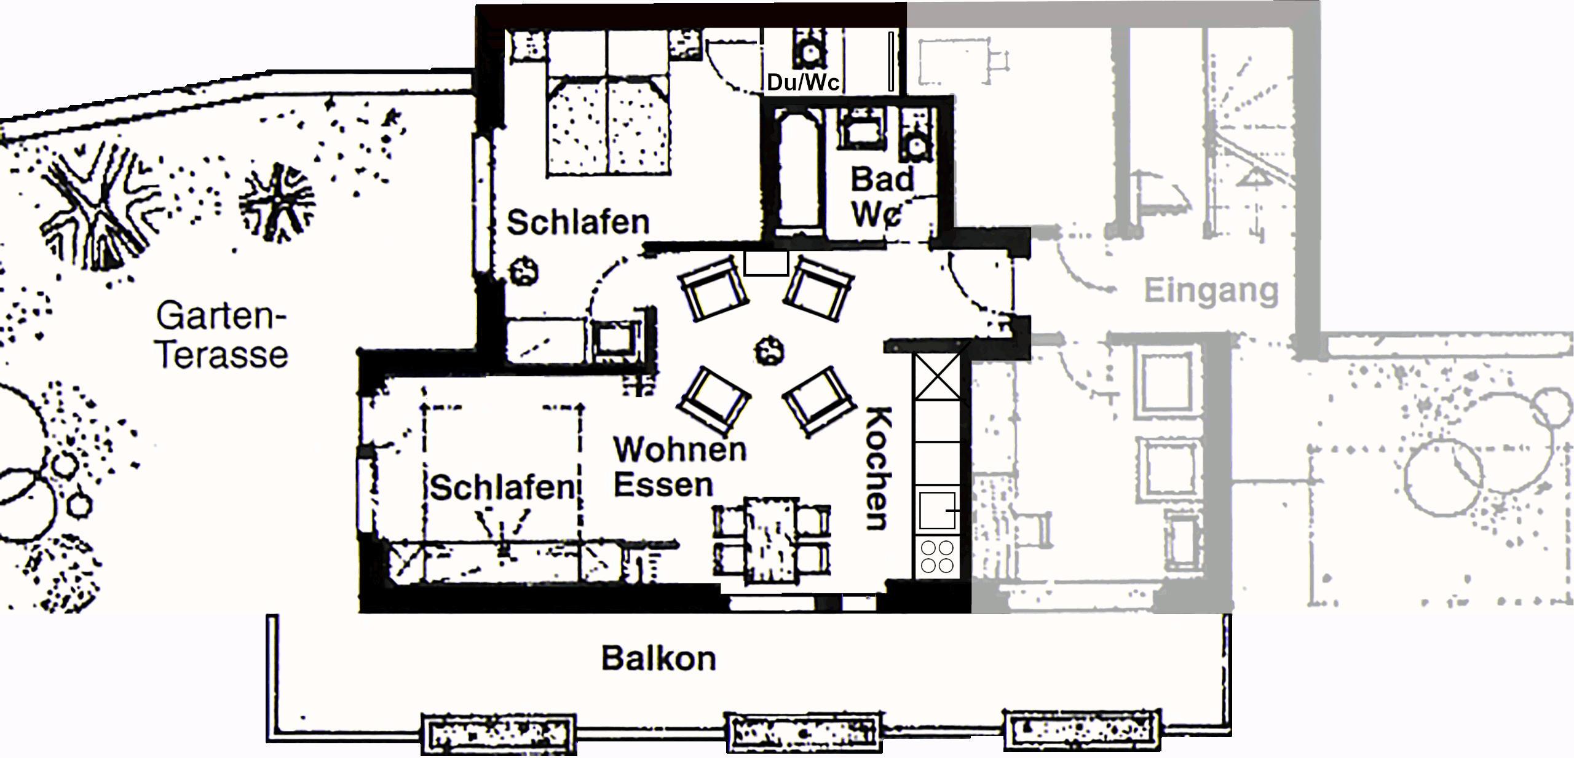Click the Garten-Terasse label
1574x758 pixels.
(221, 335)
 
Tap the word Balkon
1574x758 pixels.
(658, 658)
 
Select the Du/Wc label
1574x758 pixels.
(803, 82)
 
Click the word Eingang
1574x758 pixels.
(1211, 291)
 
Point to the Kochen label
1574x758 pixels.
(878, 468)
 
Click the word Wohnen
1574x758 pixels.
(679, 449)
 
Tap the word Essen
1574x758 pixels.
(663, 485)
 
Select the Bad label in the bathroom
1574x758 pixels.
(882, 180)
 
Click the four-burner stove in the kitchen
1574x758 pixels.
(936, 556)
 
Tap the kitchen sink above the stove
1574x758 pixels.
(936, 510)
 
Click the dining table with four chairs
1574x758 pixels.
(772, 540)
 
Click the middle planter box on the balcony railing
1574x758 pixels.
(804, 732)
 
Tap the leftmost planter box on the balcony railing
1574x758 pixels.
(498, 733)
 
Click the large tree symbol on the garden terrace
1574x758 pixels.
(95, 206)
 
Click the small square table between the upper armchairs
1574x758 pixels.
(766, 263)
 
